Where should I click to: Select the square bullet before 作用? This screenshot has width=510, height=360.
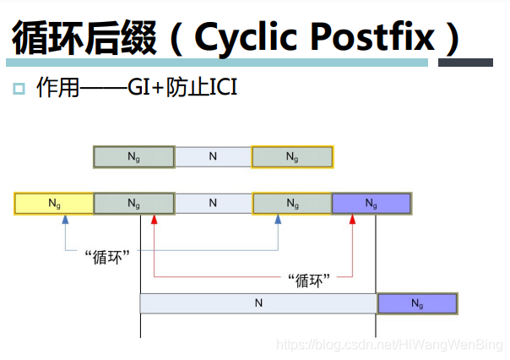point(19,89)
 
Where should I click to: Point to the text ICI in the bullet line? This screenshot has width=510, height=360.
point(218,88)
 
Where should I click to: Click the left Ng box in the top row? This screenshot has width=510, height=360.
point(133,157)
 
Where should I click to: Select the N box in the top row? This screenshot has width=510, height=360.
point(213,157)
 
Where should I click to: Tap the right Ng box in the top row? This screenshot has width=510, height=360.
point(292,157)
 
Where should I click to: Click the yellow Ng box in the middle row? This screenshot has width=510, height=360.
point(54,204)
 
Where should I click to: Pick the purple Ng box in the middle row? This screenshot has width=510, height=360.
point(372,204)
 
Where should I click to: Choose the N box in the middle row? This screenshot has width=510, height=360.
point(213,204)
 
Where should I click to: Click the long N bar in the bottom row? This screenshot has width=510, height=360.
point(258,303)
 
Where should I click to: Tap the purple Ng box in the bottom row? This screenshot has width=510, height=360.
point(416,303)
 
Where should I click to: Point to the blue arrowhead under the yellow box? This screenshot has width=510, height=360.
point(64,219)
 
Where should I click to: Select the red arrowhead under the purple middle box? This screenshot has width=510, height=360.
point(353,219)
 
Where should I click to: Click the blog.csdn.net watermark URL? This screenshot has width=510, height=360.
point(389,345)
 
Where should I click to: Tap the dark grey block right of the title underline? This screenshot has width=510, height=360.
point(465,63)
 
